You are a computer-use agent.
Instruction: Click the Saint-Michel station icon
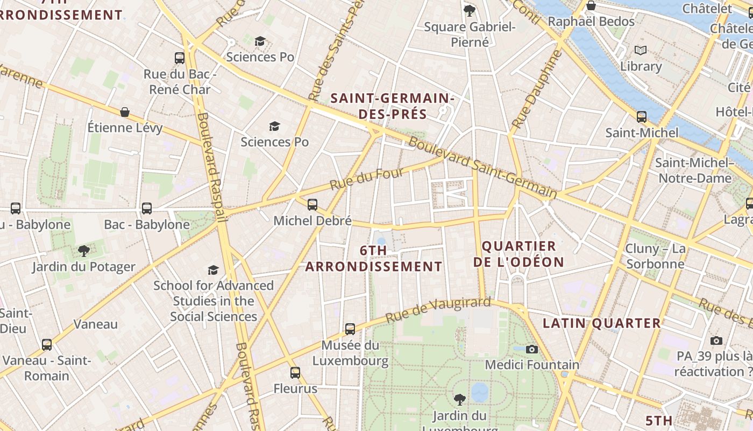pos(641,116)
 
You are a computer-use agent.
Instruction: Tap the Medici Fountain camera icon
pos(532,349)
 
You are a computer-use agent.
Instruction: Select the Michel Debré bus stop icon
pos(312,205)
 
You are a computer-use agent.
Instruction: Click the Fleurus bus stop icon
pos(295,372)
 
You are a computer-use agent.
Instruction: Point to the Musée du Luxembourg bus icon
pos(350,329)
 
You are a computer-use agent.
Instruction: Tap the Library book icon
pos(640,51)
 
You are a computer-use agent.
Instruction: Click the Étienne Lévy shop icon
pos(125,112)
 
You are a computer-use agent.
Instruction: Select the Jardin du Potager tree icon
pos(83,251)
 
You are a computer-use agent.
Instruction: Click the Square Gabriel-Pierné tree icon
pos(470,10)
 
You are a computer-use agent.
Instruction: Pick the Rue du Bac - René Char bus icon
pos(180,58)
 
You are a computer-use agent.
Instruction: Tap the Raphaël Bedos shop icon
pos(591,6)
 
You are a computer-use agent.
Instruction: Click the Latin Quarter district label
pos(601,323)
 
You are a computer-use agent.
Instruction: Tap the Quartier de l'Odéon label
pos(522,254)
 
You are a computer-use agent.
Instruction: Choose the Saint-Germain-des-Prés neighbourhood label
pos(392,106)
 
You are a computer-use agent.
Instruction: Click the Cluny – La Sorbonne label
pos(655,256)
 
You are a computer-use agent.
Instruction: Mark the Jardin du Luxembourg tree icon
pos(459,399)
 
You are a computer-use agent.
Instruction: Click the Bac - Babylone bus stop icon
pos(147,208)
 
